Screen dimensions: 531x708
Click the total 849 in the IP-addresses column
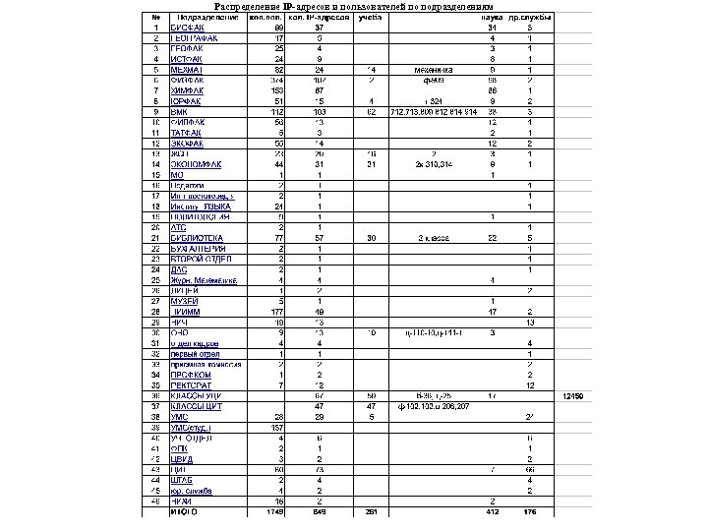319,510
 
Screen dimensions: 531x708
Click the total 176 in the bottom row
530,510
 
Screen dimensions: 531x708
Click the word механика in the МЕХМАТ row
433,70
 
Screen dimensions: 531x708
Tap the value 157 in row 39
280,426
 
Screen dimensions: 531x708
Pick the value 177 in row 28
280,311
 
